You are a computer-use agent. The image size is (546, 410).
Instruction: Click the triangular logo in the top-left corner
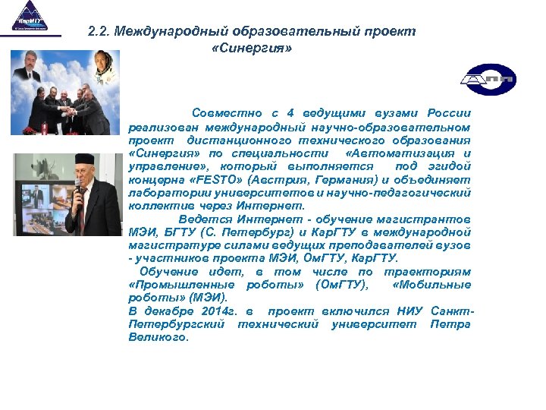[x=30, y=17]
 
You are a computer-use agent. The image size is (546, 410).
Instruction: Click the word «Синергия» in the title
[x=249, y=48]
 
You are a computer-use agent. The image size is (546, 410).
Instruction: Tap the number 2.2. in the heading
[x=99, y=32]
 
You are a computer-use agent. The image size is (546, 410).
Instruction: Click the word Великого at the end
[x=158, y=337]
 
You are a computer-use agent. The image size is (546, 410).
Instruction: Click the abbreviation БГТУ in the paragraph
[x=183, y=232]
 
